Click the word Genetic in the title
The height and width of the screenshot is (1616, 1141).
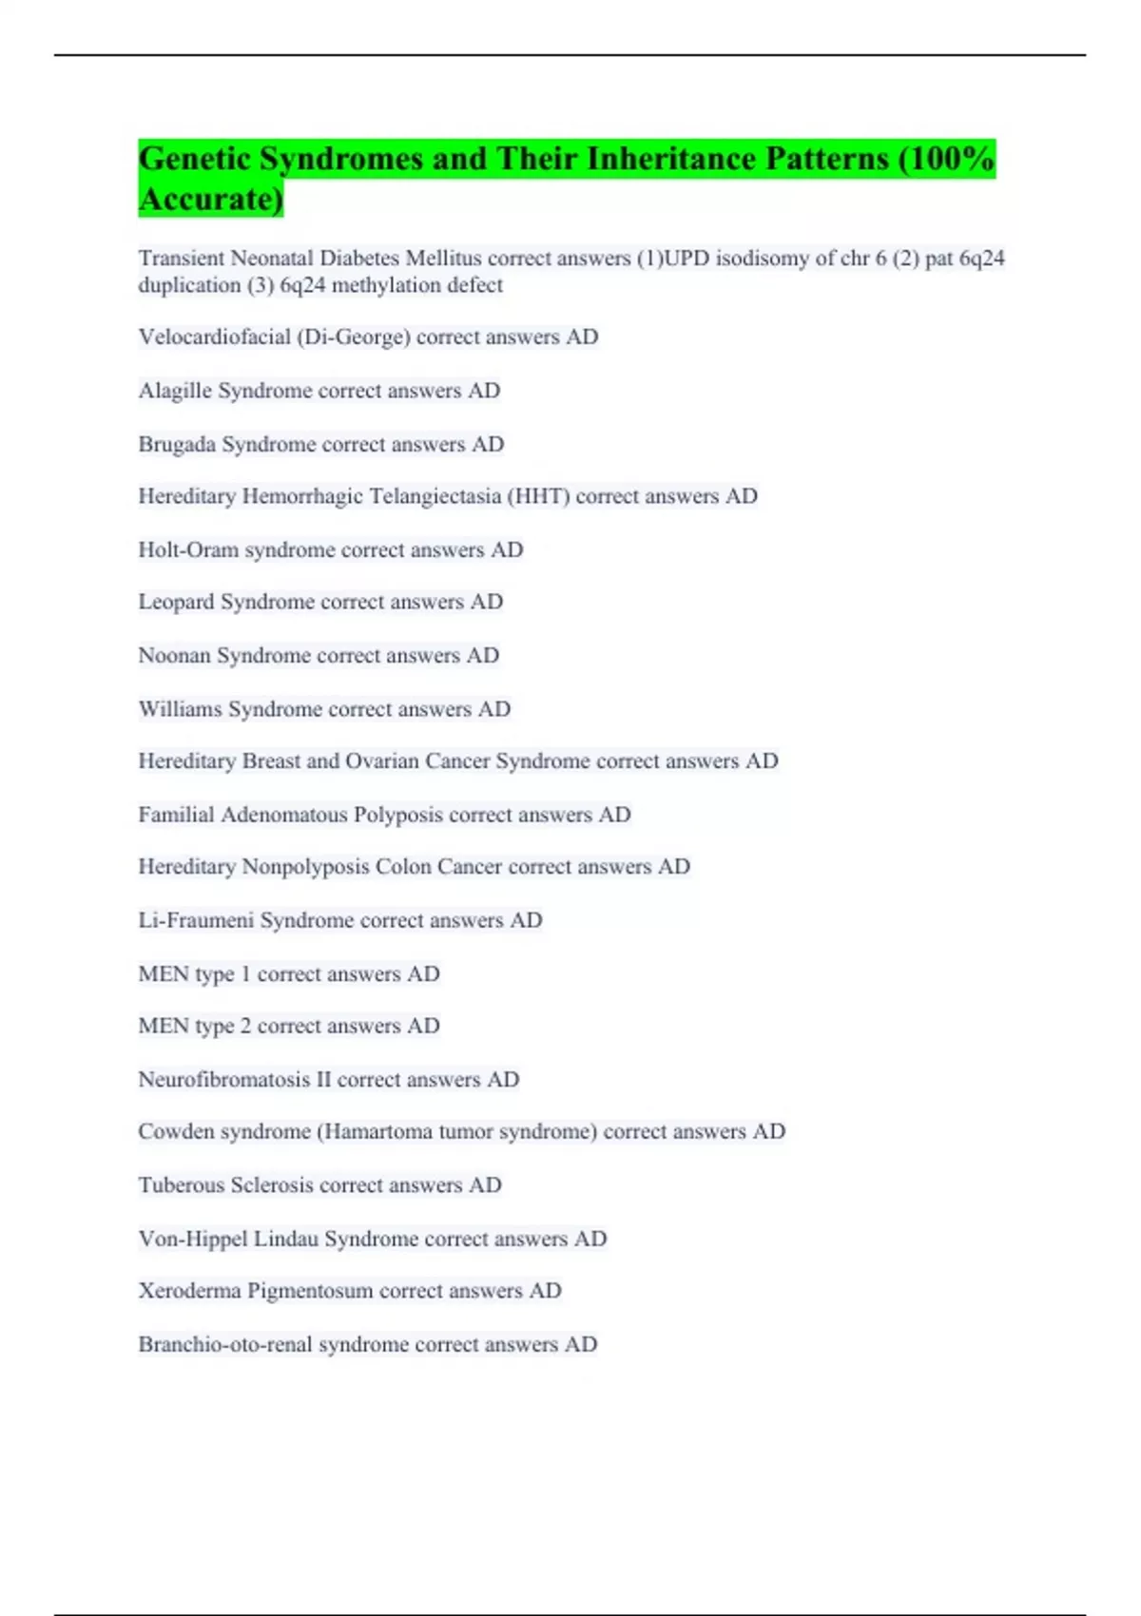coord(195,159)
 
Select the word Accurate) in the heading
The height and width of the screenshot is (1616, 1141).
coord(210,200)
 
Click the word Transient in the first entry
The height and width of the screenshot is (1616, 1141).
coord(181,259)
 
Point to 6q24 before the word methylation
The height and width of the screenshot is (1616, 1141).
coord(302,285)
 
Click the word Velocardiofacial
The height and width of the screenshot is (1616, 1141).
coord(214,337)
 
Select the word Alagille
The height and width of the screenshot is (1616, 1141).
coord(175,391)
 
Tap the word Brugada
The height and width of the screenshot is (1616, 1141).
coord(177,444)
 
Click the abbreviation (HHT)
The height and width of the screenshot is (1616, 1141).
coord(538,496)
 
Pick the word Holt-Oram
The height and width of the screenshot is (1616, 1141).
coord(188,549)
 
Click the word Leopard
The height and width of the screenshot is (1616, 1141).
coord(176,602)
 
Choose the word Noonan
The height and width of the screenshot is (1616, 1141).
coord(174,655)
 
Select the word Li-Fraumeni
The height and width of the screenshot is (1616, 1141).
coord(196,920)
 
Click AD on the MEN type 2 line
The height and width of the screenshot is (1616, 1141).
coord(423,1026)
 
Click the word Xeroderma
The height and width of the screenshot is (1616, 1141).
coord(189,1291)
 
